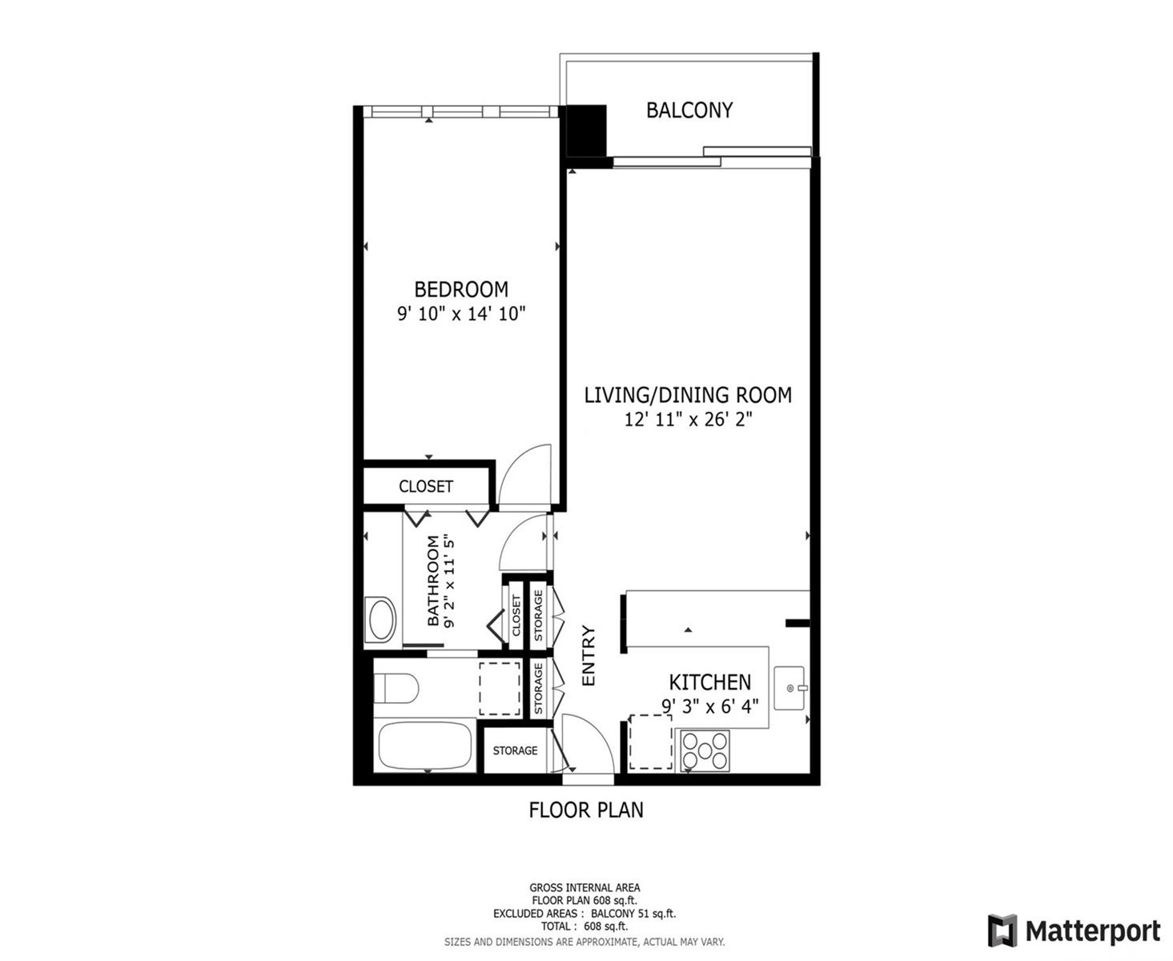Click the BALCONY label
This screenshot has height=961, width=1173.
coord(689,111)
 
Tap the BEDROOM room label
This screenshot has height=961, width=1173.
coord(461,289)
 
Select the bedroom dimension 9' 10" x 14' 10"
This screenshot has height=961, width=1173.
coord(461,314)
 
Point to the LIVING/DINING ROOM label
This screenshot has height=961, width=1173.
coord(688,395)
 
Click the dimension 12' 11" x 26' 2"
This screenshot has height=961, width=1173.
coord(688,419)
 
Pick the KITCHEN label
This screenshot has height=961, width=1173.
coord(709,682)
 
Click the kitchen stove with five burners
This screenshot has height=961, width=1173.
coord(705,750)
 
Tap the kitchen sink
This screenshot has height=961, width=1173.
coord(789,689)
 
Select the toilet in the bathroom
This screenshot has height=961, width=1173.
coord(396,689)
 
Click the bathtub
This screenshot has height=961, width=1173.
coord(425,745)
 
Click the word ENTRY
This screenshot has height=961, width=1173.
coord(588,656)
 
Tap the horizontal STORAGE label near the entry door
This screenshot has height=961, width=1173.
coord(515,750)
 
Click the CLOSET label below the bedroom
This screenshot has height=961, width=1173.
coord(425,486)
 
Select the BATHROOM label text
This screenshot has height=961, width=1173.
coord(433,581)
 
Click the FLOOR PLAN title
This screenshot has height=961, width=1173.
coord(585,810)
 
